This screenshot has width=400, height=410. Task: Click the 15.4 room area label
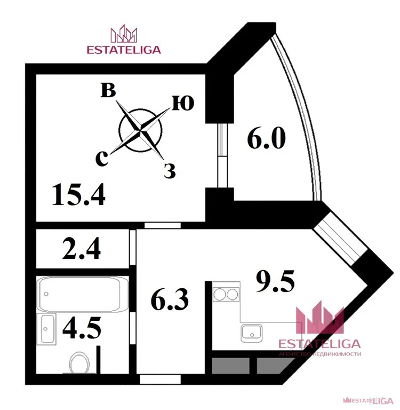(78, 194)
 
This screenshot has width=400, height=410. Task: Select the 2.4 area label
(82, 249)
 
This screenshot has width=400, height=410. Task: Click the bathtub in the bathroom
(83, 294)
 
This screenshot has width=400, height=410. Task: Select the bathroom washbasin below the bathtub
(46, 325)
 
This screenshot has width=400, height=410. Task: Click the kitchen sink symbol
(251, 334)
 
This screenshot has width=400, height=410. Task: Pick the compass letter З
(170, 171)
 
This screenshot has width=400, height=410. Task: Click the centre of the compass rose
(140, 129)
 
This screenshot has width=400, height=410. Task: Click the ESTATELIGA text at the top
(123, 50)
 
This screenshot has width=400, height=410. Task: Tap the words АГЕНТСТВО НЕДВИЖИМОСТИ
(320, 354)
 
